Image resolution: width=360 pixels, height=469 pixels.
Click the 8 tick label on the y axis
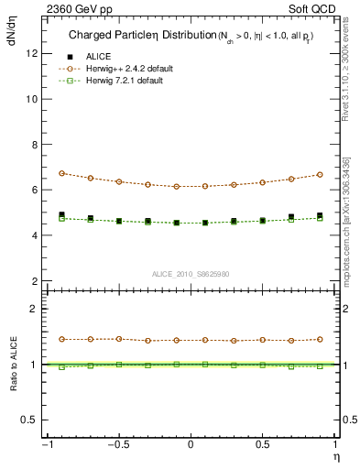point(34,144)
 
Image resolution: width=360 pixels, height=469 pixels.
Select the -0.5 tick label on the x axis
point(117,445)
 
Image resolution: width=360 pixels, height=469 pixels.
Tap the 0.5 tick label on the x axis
point(263,445)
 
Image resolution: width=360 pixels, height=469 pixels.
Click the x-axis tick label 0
point(191,445)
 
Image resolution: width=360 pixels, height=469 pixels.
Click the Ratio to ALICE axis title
point(13,364)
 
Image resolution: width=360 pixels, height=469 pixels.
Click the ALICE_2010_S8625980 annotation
point(191,274)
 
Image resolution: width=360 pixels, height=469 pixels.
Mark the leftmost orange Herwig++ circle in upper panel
point(61,173)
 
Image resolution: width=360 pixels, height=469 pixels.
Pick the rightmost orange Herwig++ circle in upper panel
point(320,174)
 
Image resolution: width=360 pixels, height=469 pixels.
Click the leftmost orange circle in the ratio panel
point(61,339)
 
